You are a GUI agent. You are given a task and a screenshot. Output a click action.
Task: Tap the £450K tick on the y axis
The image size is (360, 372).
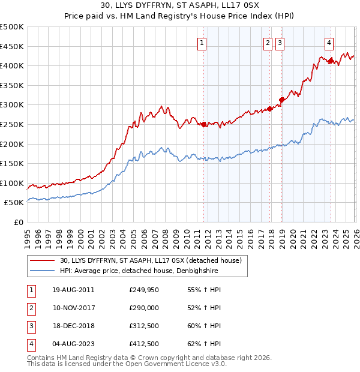point(12,46)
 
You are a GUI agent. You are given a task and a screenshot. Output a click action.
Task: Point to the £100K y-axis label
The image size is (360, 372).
point(12,184)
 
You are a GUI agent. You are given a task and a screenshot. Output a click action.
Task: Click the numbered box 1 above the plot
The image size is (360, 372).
point(202,43)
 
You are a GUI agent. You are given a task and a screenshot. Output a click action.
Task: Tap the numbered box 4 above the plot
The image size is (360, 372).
point(329,43)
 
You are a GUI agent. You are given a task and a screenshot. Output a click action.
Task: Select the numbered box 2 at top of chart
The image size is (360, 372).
point(268,43)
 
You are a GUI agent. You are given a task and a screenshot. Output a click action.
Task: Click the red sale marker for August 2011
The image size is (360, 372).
point(203,125)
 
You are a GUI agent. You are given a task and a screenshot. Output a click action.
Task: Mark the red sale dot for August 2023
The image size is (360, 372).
point(331,61)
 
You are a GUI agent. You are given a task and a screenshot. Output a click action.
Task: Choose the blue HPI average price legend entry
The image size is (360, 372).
point(139,271)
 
